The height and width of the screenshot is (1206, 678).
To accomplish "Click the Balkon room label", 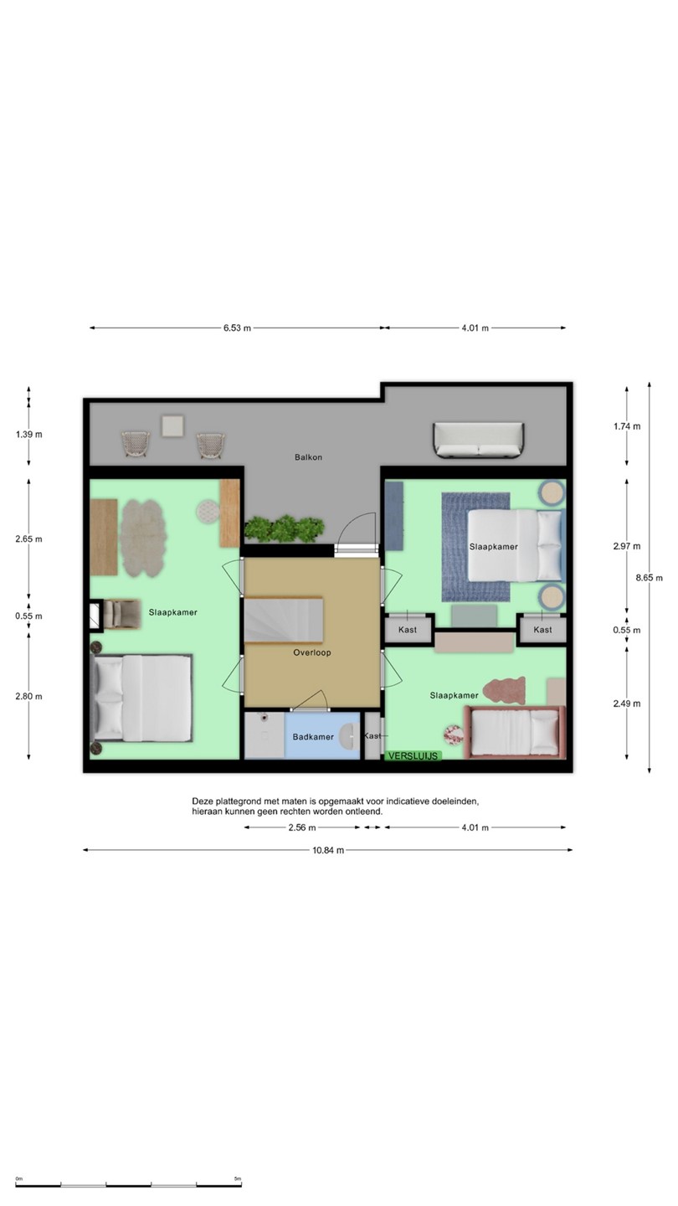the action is (308, 457).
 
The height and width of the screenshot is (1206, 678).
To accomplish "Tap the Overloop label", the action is (312, 652).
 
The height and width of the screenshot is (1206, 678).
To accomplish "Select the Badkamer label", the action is (313, 736).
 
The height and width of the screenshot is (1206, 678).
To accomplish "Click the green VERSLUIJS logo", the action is (413, 756).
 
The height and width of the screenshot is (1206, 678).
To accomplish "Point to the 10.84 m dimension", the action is (328, 850).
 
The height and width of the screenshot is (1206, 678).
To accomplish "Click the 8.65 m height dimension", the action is (649, 578).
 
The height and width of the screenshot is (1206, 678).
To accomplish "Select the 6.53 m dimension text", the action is (238, 328).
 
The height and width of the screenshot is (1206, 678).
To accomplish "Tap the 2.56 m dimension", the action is (302, 827).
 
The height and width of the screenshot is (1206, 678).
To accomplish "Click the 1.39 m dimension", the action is (29, 435).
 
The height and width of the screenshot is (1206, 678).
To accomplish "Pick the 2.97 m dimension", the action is (627, 546).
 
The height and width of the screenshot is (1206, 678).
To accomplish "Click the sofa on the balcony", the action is (479, 441).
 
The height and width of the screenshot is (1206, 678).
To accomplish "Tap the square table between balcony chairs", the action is (172, 425).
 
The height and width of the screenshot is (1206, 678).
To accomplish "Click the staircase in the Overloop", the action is (284, 620).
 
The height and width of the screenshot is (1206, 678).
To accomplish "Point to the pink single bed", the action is (515, 732).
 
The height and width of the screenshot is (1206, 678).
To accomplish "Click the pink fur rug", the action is (504, 690).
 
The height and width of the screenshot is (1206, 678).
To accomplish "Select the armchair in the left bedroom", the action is (121, 615).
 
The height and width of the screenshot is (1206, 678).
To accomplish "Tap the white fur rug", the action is (141, 538).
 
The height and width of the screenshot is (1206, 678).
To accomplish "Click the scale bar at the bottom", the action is (129, 1184).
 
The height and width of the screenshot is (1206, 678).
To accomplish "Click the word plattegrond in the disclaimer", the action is (234, 801).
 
